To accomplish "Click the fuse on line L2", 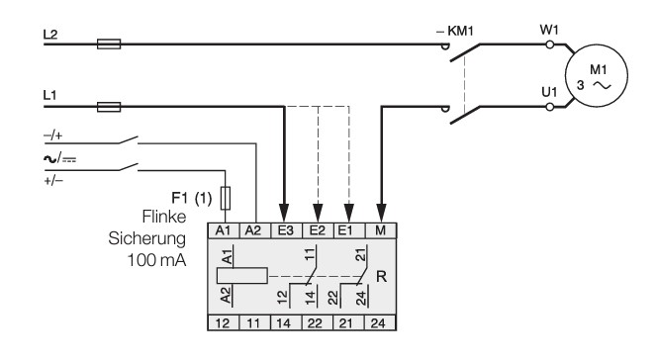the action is (109, 44).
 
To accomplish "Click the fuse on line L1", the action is (109, 107).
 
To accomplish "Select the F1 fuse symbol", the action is (226, 198).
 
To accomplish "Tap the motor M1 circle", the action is (597, 76).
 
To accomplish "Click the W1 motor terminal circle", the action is (550, 45).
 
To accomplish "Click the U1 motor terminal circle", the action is (550, 107).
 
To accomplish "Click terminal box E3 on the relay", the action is (286, 230).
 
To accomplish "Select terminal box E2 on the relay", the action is (318, 230).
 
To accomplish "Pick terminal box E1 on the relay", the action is (349, 230).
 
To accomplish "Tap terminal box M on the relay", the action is (381, 230).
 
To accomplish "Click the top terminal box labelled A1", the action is (224, 230).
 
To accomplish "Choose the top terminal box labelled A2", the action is (255, 230).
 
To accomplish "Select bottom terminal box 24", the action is (381, 323).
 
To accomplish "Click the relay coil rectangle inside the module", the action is (242, 276).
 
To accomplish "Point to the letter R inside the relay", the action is (382, 276).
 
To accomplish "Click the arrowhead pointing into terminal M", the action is (381, 213).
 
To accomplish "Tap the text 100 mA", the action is (156, 260).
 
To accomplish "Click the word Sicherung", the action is (146, 238).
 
